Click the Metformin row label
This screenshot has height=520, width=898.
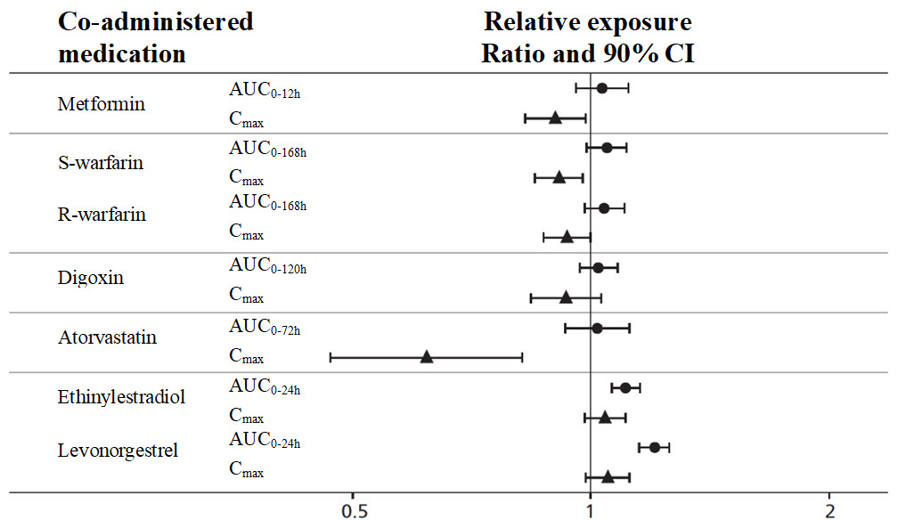click(101, 104)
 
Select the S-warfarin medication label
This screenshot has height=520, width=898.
click(101, 164)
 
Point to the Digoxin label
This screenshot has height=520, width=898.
click(91, 277)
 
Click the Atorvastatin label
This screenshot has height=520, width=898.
click(106, 337)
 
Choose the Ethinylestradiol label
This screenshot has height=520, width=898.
click(121, 396)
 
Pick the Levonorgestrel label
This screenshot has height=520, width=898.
click(118, 450)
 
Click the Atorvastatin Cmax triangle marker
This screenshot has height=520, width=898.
click(426, 357)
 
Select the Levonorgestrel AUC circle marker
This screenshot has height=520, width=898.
click(655, 447)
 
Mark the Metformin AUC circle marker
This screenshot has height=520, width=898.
click(601, 88)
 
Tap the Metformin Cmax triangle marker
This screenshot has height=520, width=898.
click(555, 118)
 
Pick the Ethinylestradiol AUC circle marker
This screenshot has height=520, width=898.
click(625, 387)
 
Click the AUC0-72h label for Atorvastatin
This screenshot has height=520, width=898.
click(265, 328)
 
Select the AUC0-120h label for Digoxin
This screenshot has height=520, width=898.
click(267, 267)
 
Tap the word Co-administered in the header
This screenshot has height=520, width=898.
click(156, 21)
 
